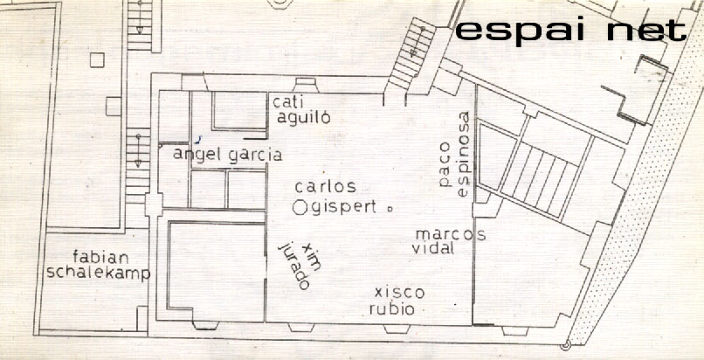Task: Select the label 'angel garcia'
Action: click(x=228, y=155)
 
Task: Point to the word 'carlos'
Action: click(x=326, y=186)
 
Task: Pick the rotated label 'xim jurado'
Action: click(x=300, y=265)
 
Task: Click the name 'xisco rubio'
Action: click(x=397, y=301)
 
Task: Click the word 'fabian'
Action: click(x=101, y=257)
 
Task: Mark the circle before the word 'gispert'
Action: click(x=300, y=208)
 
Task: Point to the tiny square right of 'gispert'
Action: click(x=390, y=208)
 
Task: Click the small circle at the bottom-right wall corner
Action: click(x=566, y=345)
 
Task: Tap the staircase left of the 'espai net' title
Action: click(x=412, y=53)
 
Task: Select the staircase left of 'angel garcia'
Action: click(x=138, y=165)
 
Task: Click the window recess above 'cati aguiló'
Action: click(x=306, y=86)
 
